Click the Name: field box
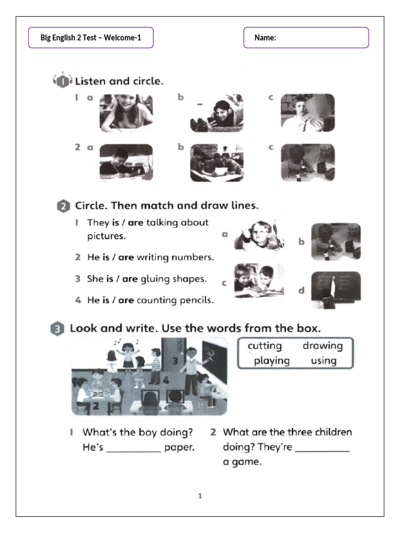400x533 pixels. point(306,37)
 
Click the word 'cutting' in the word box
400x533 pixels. point(265,346)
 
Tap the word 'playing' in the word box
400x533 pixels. point(271,361)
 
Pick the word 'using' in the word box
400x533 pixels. point(323,361)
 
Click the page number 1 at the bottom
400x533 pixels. point(200,496)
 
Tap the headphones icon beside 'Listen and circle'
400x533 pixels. point(62,81)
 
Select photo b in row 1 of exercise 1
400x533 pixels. point(217,113)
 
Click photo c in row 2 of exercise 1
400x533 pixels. point(307,162)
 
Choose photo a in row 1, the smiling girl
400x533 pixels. point(126,113)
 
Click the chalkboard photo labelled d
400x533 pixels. point(335,289)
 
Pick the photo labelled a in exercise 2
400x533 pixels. point(259,236)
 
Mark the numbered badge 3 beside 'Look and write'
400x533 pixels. point(57,329)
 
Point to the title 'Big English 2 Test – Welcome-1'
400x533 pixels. point(91,37)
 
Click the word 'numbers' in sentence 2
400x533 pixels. point(195,257)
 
